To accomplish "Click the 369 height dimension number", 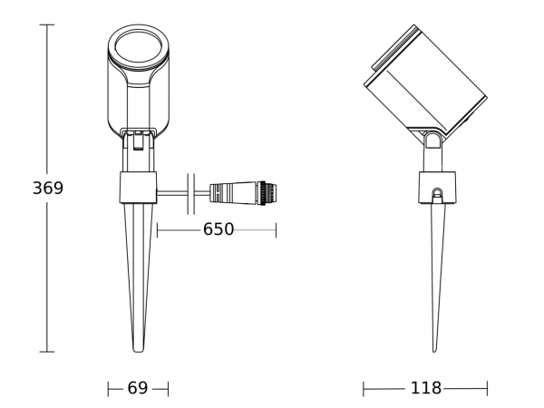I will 47,189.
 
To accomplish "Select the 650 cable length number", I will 218,230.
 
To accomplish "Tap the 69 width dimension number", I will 138,388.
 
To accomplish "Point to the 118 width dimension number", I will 425,388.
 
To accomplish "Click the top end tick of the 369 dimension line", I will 47,25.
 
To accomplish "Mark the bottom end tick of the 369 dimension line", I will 47,352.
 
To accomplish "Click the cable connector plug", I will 243,191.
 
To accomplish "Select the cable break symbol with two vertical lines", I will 191,191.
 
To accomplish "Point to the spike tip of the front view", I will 138,349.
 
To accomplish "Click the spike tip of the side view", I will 436,349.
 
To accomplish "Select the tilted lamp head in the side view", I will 424,82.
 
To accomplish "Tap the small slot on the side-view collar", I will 436,193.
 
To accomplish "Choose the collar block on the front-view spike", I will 138,189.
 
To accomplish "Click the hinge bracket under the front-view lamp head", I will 138,141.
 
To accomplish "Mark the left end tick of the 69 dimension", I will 108,388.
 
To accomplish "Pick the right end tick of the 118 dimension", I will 487,388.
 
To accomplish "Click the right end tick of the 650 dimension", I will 276,230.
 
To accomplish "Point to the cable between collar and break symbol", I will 172,191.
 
